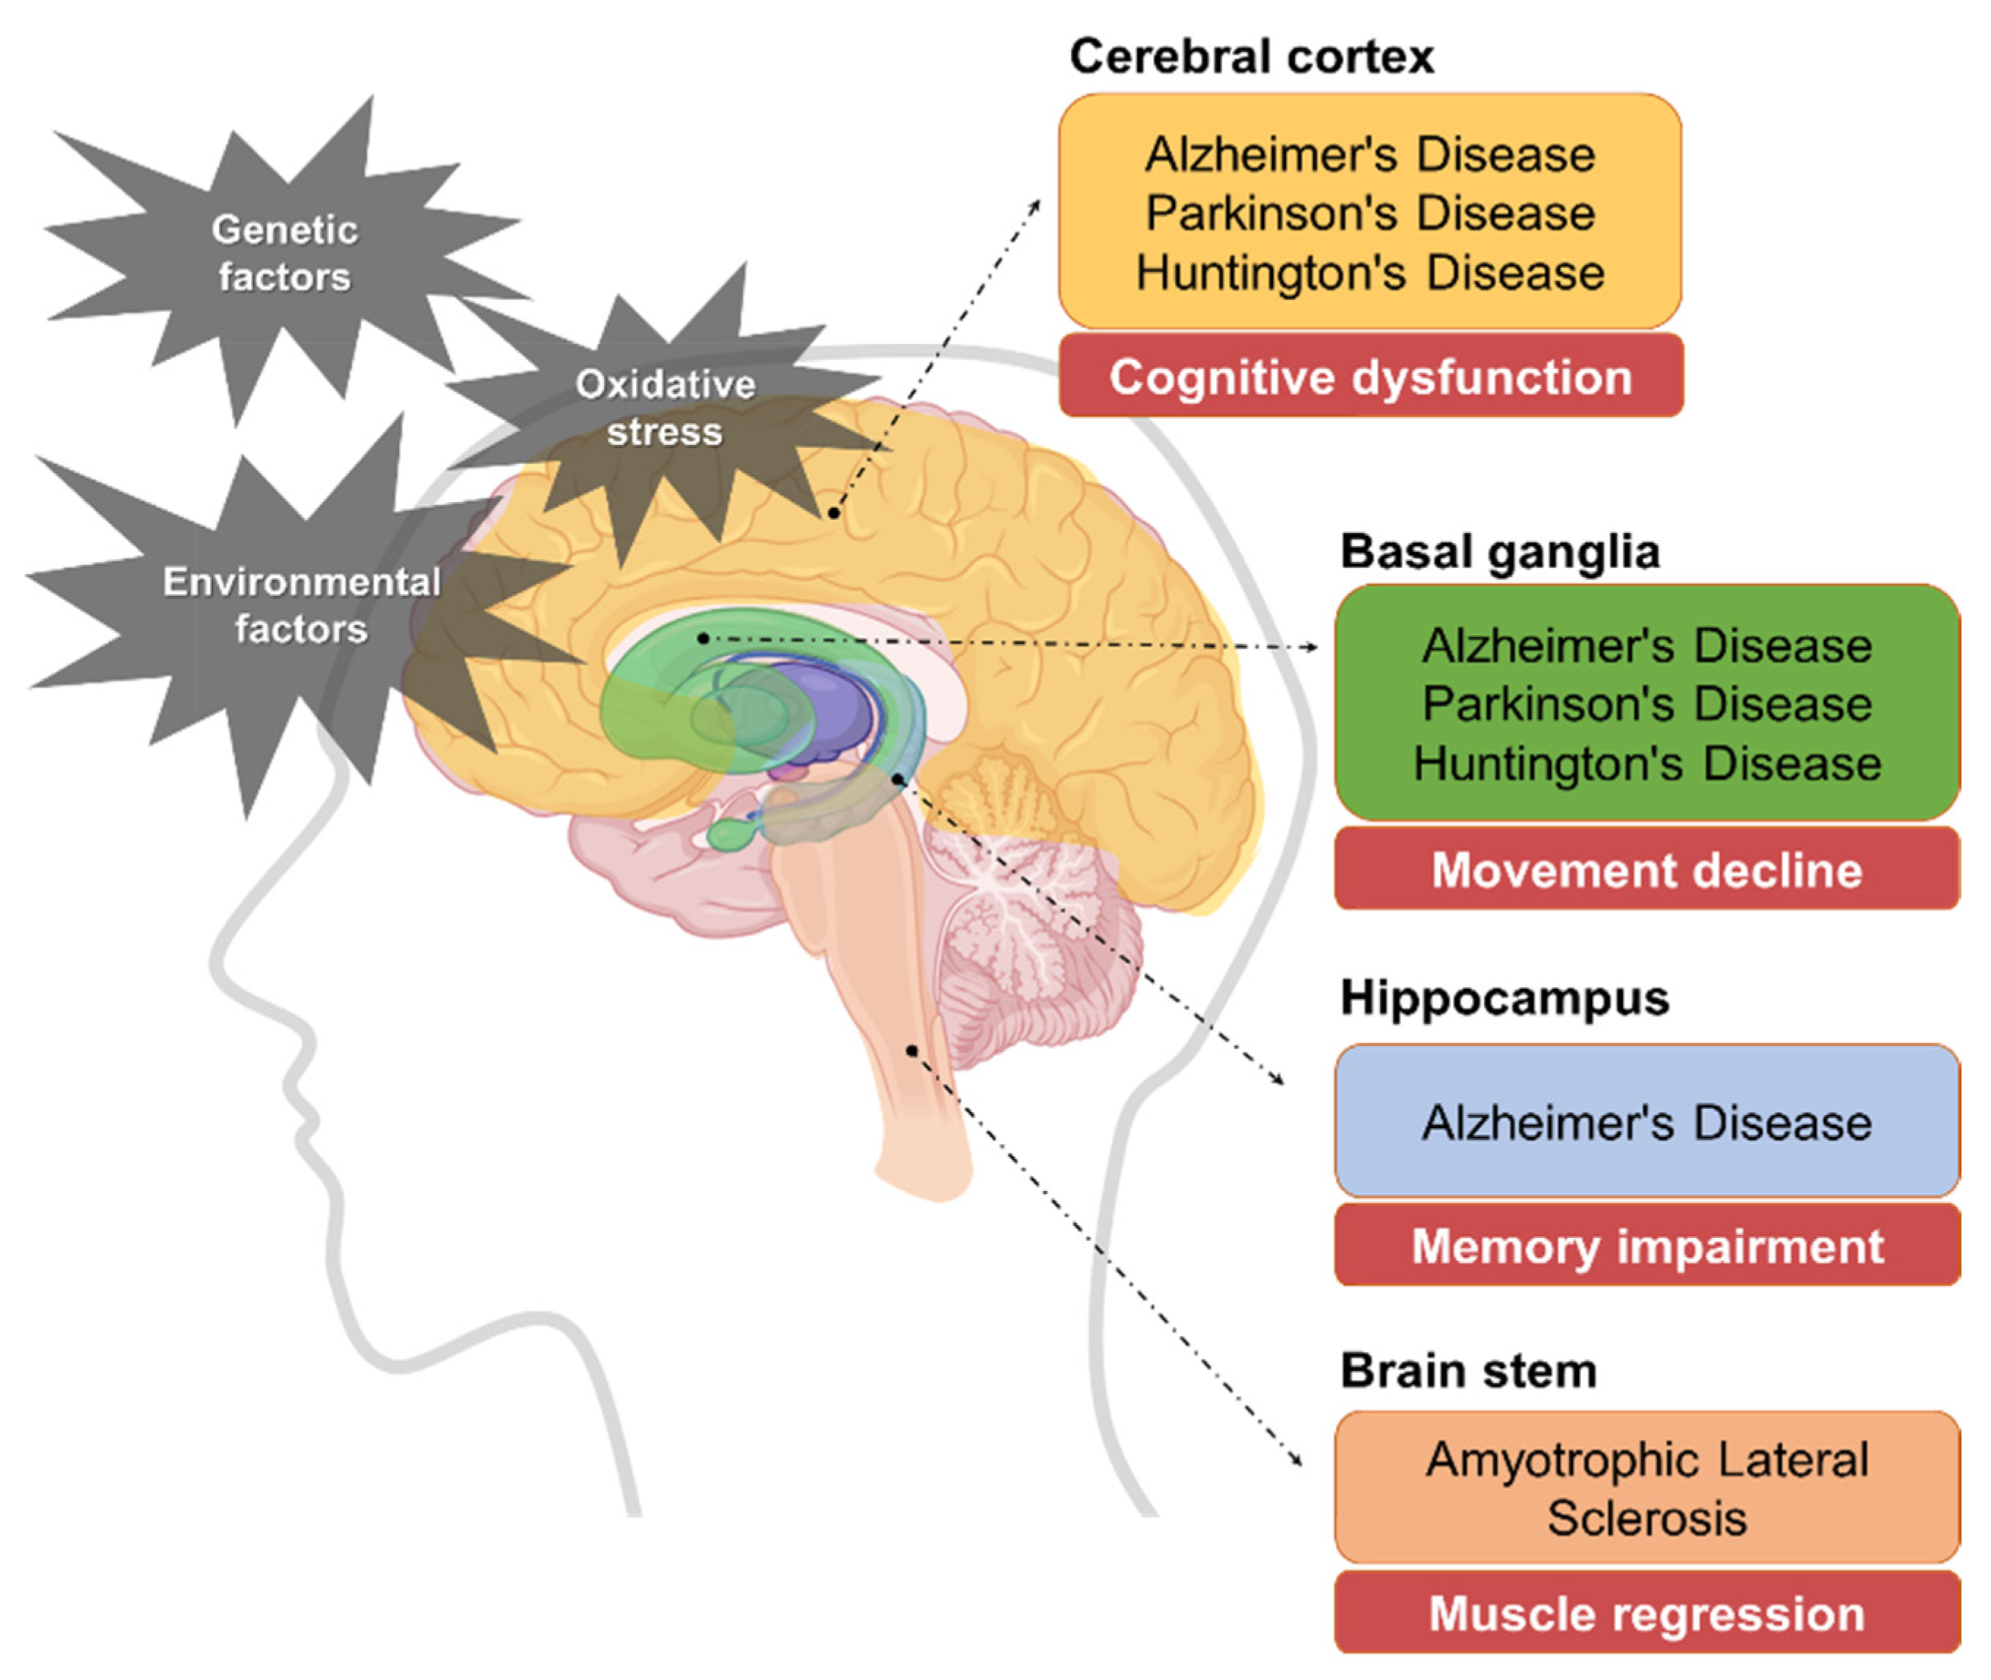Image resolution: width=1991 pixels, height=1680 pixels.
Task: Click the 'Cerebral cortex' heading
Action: pos(1250,56)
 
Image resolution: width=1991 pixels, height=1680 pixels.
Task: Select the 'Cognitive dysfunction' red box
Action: pos(1370,377)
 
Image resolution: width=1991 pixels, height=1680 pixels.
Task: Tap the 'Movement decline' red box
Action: pos(1646,870)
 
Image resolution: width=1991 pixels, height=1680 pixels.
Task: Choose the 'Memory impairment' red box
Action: pos(1646,1246)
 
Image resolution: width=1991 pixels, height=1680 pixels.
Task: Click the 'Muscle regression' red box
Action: pos(1646,1613)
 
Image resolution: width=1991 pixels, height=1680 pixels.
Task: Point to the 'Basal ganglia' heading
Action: pos(1500,551)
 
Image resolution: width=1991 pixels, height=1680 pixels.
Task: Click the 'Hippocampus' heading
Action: pos(1504,998)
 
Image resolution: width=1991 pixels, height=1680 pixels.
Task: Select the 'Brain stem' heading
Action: pos(1468,1370)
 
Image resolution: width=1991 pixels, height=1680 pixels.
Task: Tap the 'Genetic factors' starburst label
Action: pos(285,253)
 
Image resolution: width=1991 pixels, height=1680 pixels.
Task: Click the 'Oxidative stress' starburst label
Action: pos(665,408)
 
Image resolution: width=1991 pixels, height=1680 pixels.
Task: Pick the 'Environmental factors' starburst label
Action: pos(301,605)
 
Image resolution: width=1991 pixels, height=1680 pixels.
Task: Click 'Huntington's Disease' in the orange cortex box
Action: pos(1370,272)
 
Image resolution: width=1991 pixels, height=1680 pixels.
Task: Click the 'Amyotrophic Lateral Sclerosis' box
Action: pos(1646,1487)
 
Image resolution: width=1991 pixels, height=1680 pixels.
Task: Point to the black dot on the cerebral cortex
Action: pos(833,513)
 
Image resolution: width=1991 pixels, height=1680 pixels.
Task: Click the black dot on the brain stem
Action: pos(912,1050)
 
